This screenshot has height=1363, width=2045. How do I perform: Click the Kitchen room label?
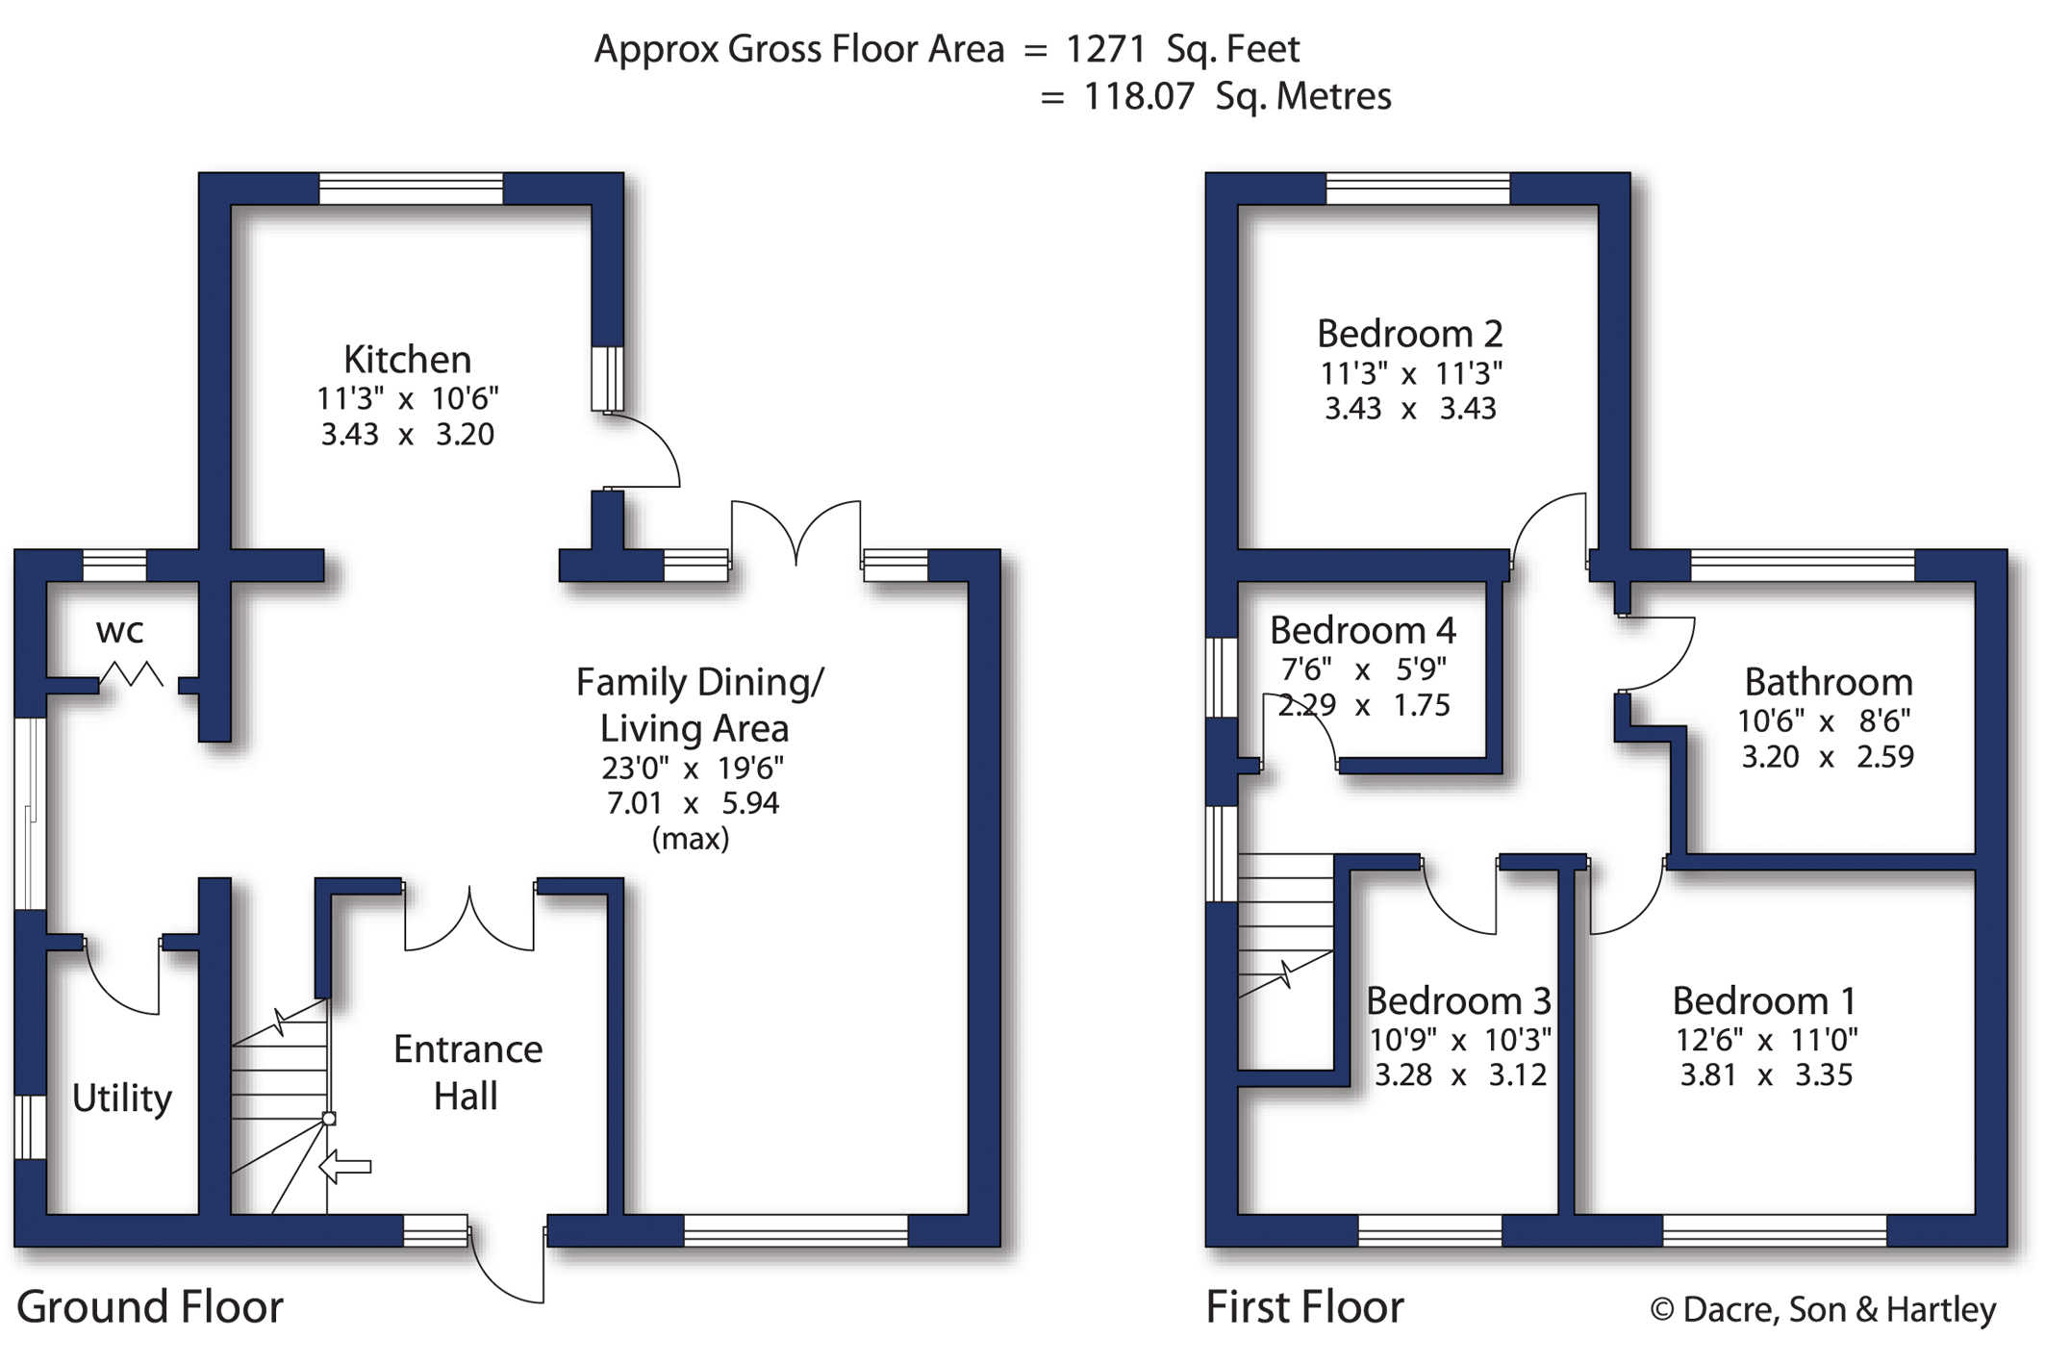[x=408, y=360]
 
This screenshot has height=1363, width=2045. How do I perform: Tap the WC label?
[x=120, y=632]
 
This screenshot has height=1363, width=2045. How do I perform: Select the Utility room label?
[x=122, y=1098]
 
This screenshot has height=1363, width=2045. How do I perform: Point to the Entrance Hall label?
[x=467, y=1072]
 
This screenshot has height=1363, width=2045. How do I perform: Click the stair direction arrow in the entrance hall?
[x=344, y=1167]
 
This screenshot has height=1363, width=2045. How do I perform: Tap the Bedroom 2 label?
[x=1409, y=334]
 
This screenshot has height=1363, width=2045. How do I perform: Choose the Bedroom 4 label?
[x=1363, y=631]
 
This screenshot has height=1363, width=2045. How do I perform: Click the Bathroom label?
[x=1829, y=682]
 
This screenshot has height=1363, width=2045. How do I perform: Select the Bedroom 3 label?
[x=1458, y=1001]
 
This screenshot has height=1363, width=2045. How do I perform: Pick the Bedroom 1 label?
[x=1764, y=1001]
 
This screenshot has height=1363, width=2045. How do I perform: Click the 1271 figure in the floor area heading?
[x=1105, y=49]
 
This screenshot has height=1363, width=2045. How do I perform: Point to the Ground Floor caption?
[x=150, y=1307]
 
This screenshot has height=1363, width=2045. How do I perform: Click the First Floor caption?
[x=1304, y=1307]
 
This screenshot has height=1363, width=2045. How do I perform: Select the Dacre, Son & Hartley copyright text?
[x=1823, y=1309]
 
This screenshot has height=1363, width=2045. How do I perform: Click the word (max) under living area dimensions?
[x=691, y=839]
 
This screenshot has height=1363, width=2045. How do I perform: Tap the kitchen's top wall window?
[x=411, y=189]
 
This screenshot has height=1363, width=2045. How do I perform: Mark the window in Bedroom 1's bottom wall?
[x=1775, y=1230]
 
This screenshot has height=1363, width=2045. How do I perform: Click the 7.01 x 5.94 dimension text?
[x=693, y=803]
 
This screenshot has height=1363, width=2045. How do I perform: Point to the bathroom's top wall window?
[x=1803, y=566]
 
